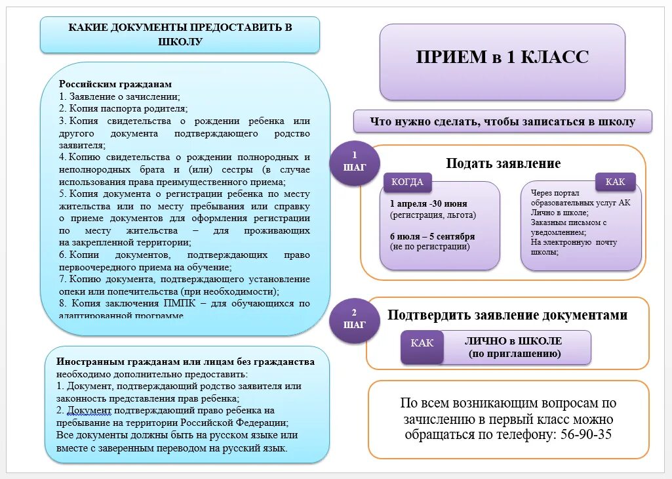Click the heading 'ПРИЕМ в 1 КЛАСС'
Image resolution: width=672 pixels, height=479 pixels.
click(502, 57)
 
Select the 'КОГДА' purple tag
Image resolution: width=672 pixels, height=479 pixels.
click(407, 182)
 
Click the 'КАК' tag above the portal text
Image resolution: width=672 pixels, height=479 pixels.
click(615, 182)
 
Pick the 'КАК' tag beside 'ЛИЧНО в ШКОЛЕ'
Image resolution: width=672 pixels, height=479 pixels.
click(422, 343)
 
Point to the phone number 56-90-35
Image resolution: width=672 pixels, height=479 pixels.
click(578, 435)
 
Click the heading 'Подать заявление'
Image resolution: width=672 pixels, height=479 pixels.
click(503, 163)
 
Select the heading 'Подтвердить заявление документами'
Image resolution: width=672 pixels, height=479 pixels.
click(507, 315)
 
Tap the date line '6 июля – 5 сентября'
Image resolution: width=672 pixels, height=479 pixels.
click(432, 236)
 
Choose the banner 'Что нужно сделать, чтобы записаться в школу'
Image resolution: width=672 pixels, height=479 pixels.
click(502, 121)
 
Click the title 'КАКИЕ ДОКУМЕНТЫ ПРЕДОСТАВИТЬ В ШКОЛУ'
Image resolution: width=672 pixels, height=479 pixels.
click(180, 34)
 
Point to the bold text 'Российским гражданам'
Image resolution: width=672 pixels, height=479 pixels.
click(115, 85)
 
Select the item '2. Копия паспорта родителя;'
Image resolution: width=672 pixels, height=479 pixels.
click(123, 108)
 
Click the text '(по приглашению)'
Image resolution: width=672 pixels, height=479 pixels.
click(514, 354)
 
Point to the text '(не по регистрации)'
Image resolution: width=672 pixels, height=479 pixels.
click(430, 247)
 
